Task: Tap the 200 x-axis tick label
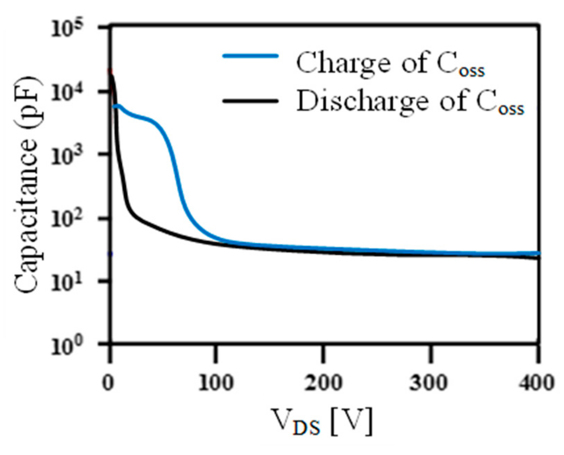click(323, 383)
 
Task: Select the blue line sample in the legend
click(250, 56)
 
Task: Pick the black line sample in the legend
click(250, 100)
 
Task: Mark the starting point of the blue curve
click(114, 106)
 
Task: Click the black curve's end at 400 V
click(538, 258)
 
